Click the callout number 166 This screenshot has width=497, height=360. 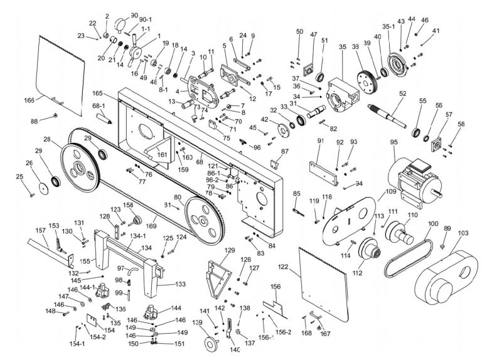[29, 100]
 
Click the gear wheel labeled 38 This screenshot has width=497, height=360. [365, 79]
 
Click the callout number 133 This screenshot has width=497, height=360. [180, 284]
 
